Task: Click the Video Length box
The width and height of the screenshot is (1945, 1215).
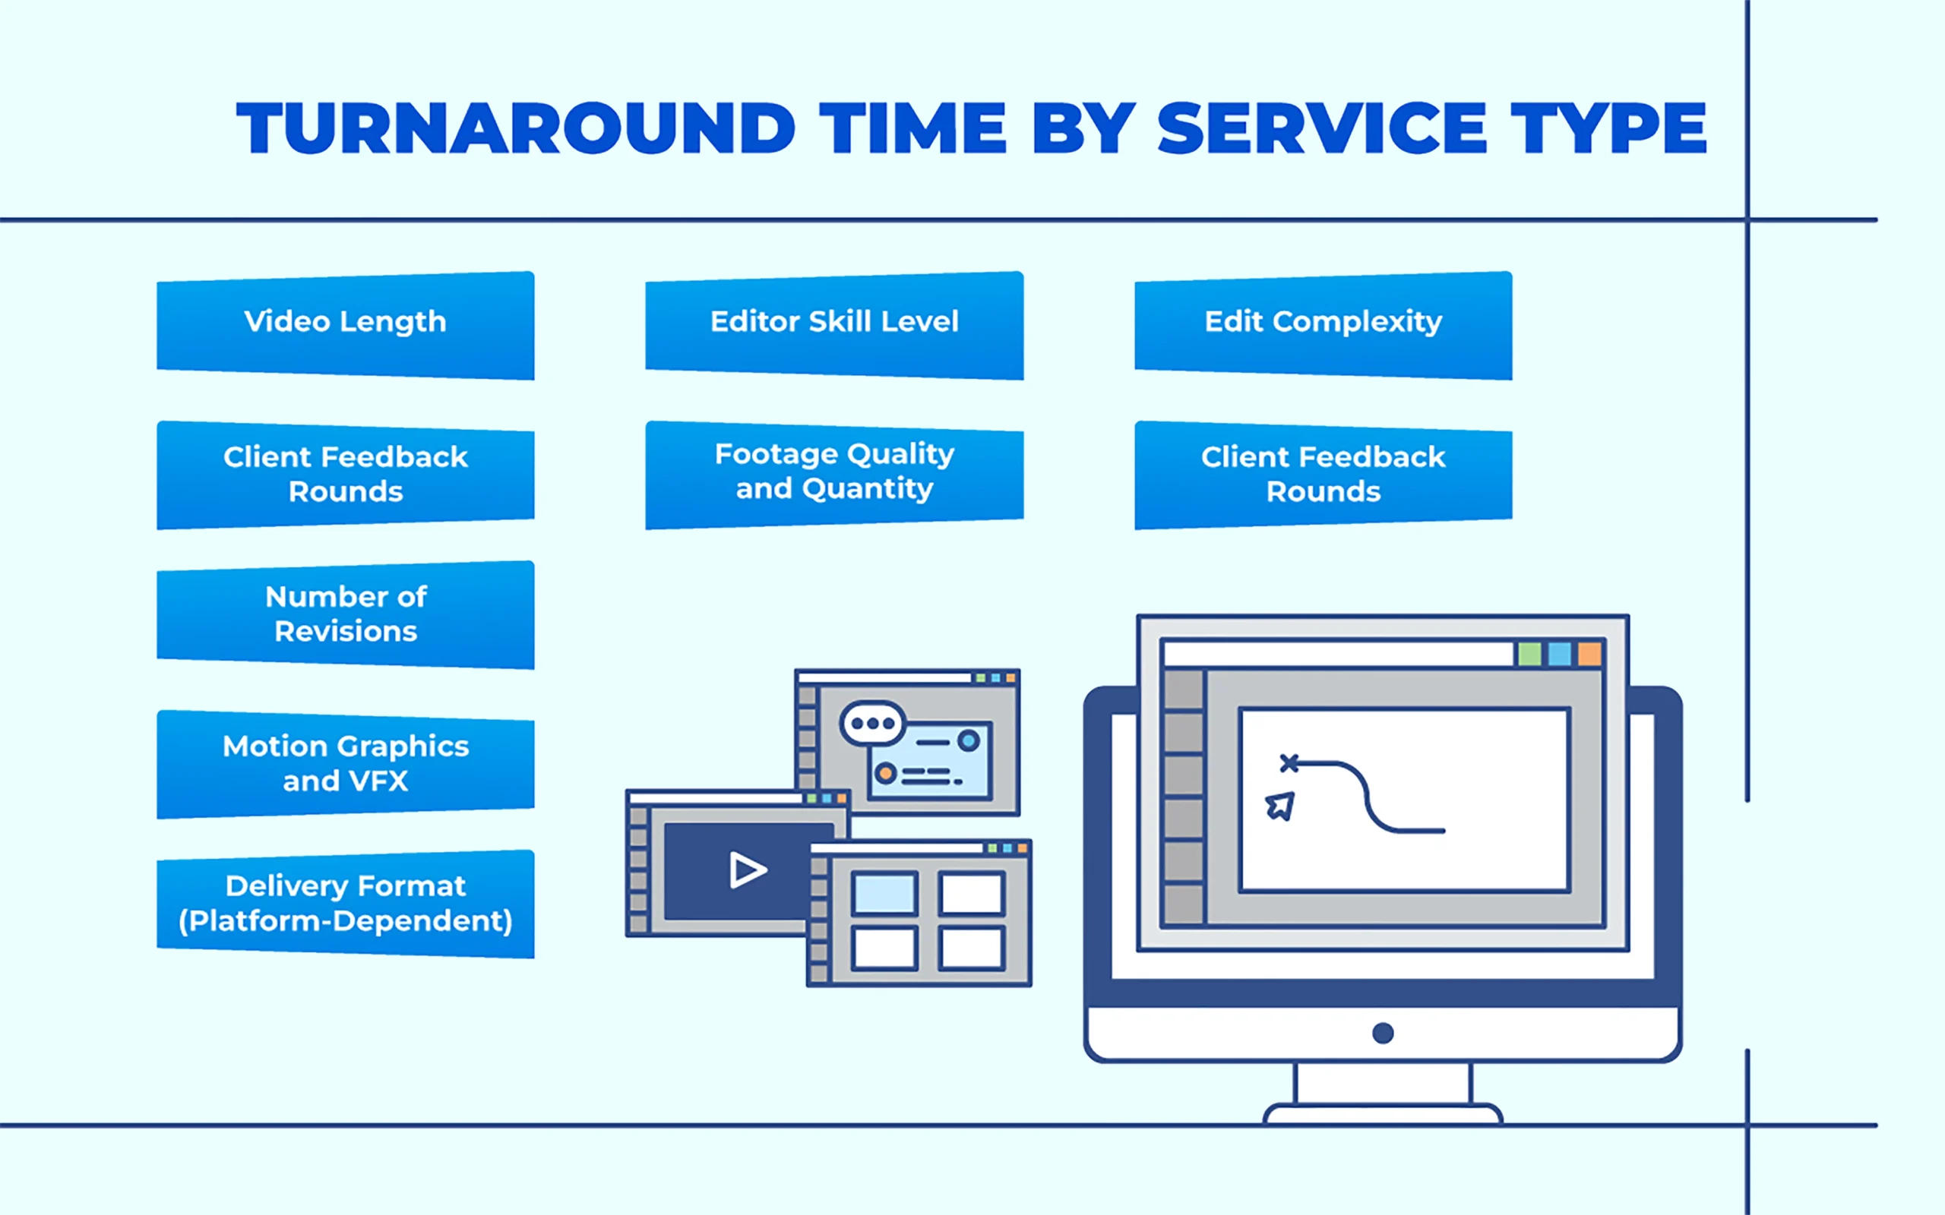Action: click(x=346, y=325)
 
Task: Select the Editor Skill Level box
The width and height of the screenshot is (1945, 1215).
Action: click(x=834, y=325)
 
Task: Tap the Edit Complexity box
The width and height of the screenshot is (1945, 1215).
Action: click(x=1323, y=325)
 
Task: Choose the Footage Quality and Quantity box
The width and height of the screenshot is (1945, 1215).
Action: click(x=834, y=474)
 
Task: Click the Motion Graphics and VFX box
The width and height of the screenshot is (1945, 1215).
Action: click(x=346, y=763)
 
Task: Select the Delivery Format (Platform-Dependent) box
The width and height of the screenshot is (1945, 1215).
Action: click(x=346, y=903)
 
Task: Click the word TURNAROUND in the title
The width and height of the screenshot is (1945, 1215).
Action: click(x=514, y=128)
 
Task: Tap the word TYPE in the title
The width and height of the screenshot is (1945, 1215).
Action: click(x=1608, y=128)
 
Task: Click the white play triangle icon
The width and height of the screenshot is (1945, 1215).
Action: click(x=747, y=870)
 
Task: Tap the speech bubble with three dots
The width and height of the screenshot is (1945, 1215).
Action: click(x=873, y=723)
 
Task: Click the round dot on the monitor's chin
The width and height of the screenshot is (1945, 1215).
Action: click(x=1383, y=1033)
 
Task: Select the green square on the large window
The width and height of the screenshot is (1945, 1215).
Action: click(x=1529, y=654)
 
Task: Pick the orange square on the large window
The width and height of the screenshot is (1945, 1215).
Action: click(x=1589, y=654)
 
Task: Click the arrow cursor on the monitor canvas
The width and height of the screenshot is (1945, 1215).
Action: click(x=1279, y=806)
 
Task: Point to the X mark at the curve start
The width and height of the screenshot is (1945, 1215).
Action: click(x=1289, y=762)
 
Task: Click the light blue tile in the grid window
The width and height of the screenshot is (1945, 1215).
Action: click(x=884, y=894)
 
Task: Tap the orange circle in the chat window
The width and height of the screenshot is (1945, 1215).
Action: click(x=886, y=774)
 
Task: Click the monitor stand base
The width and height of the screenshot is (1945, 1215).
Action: click(x=1383, y=1114)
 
